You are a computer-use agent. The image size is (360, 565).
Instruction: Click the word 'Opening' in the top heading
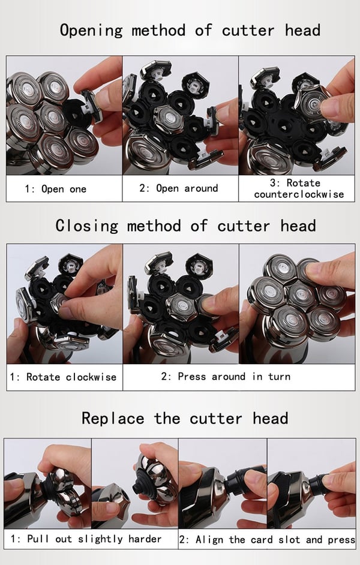pyautogui.click(x=92, y=31)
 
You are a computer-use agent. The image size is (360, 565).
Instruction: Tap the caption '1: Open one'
pyautogui.click(x=55, y=189)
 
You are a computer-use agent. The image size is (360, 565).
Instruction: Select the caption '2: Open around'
pyautogui.click(x=179, y=188)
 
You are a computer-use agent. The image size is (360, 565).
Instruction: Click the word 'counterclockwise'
pyautogui.click(x=299, y=194)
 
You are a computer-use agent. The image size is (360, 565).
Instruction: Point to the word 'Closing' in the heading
pyautogui.click(x=87, y=226)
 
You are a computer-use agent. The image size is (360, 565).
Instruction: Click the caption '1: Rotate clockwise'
pyautogui.click(x=63, y=377)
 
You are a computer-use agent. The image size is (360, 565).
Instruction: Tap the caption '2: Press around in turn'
pyautogui.click(x=226, y=377)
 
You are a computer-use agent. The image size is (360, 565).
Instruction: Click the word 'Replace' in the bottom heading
pyautogui.click(x=113, y=418)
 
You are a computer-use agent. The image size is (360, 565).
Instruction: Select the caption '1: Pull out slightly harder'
pyautogui.click(x=86, y=539)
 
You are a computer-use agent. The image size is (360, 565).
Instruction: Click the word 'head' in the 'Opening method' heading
pyautogui.click(x=303, y=30)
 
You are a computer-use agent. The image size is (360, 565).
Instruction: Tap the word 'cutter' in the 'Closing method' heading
pyautogui.click(x=244, y=227)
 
